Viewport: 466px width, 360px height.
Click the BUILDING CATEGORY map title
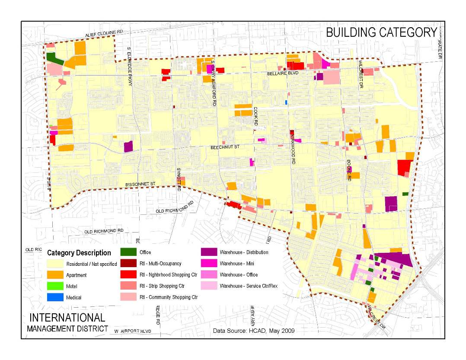click(381, 32)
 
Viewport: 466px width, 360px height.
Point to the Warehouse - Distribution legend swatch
click(208, 252)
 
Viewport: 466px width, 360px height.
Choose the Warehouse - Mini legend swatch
click(208, 264)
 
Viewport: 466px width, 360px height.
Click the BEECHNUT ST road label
click(225, 147)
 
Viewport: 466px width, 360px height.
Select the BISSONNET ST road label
click(140, 185)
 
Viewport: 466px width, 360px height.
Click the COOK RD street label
click(256, 117)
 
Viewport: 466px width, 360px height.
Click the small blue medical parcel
click(286, 102)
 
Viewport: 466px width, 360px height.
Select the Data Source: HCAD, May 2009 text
click(254, 331)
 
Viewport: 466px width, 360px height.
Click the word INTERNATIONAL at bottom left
click(67, 318)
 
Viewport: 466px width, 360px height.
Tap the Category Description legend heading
click(79, 253)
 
